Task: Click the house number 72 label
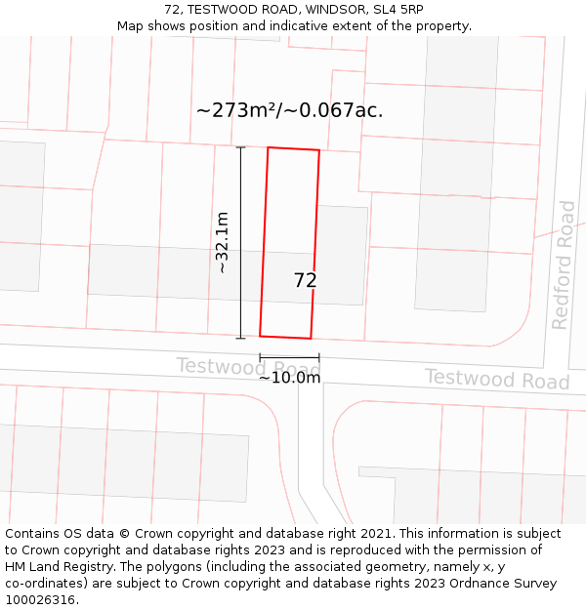tap(305, 280)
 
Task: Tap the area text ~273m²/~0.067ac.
tap(289, 110)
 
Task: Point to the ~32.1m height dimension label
tap(222, 242)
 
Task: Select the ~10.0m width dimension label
tap(289, 378)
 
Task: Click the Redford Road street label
tap(564, 264)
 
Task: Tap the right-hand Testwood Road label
tap(496, 379)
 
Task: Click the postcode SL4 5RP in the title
tap(398, 10)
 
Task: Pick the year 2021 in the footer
tap(374, 534)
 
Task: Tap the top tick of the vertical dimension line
tap(240, 147)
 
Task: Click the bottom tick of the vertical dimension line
tap(240, 338)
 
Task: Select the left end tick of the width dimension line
tap(260, 358)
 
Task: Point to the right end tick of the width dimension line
tap(318, 358)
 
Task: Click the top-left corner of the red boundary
tap(268, 147)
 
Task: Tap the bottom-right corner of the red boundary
tap(311, 339)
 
